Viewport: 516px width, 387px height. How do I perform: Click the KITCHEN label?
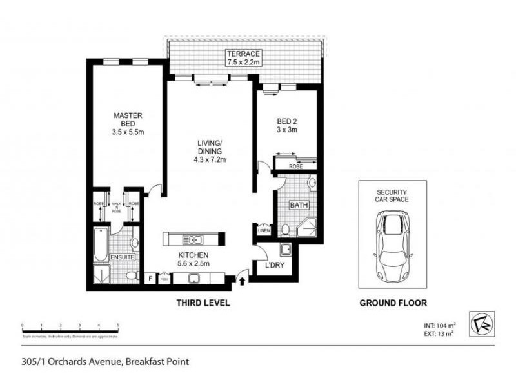(x=193, y=254)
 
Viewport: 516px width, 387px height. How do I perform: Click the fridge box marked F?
(x=150, y=278)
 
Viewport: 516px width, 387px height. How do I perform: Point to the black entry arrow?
(x=242, y=279)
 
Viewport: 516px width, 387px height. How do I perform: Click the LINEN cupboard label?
(x=263, y=230)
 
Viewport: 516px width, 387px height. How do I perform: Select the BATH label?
(x=299, y=206)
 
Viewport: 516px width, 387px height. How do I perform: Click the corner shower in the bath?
(x=306, y=227)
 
